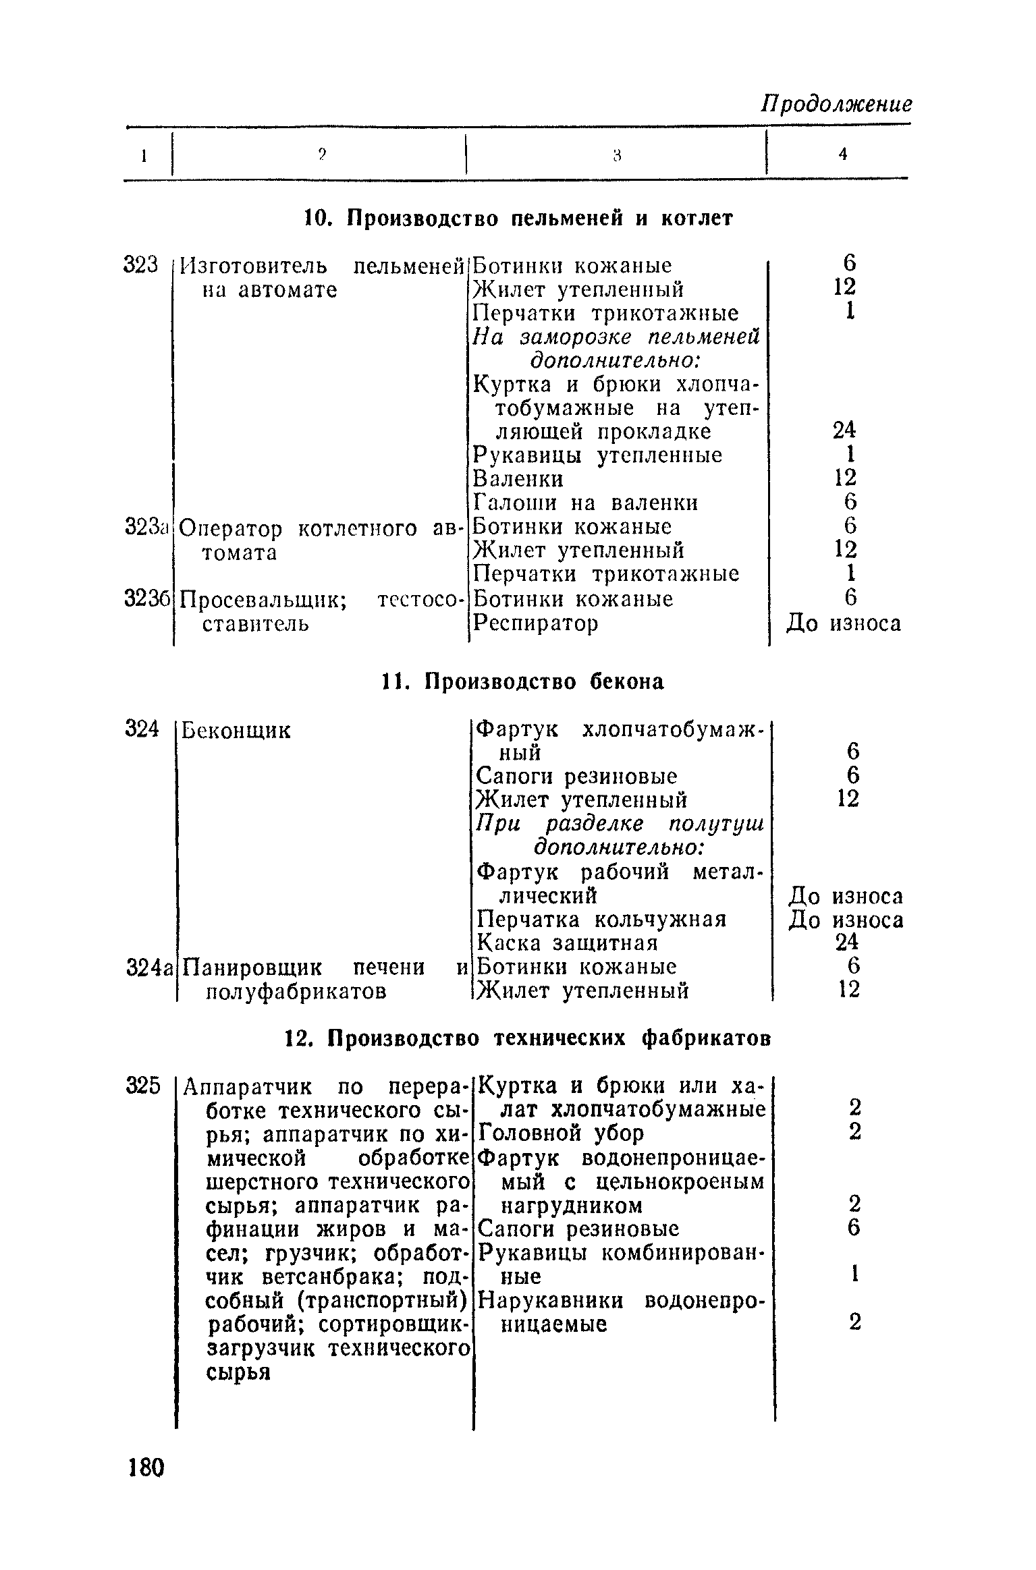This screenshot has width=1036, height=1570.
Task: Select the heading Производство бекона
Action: (x=522, y=682)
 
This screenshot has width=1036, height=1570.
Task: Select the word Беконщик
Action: (x=237, y=730)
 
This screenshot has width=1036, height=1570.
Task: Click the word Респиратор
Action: (x=535, y=623)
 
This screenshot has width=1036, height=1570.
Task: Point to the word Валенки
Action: (x=518, y=478)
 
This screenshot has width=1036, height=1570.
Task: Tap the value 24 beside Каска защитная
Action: (x=846, y=943)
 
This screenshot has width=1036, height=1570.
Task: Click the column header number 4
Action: (x=842, y=155)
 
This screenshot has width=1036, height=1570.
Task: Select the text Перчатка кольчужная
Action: (x=601, y=920)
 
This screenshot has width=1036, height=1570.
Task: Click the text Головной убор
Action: (x=560, y=1133)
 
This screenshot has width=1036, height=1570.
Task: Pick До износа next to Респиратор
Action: (x=844, y=623)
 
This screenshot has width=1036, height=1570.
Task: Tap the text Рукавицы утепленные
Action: (x=597, y=455)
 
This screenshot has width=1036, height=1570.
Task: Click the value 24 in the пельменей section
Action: (x=844, y=430)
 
